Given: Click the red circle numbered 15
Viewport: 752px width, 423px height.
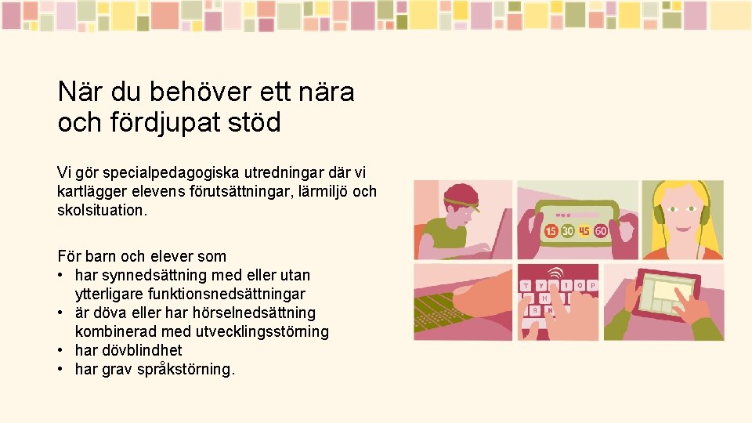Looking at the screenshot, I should [551, 231].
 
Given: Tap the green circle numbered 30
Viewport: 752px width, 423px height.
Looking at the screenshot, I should [568, 231].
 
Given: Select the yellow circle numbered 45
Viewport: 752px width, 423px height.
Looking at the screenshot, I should [584, 231].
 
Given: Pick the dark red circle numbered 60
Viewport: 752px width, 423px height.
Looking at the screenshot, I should [601, 231].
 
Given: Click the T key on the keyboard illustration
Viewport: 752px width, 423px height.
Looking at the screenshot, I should [526, 285].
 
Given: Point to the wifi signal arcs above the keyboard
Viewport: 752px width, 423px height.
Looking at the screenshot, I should [555, 273].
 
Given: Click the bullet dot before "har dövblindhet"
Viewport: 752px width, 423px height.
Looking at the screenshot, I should [61, 350].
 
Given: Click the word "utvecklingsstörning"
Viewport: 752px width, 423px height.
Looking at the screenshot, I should [262, 331].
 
